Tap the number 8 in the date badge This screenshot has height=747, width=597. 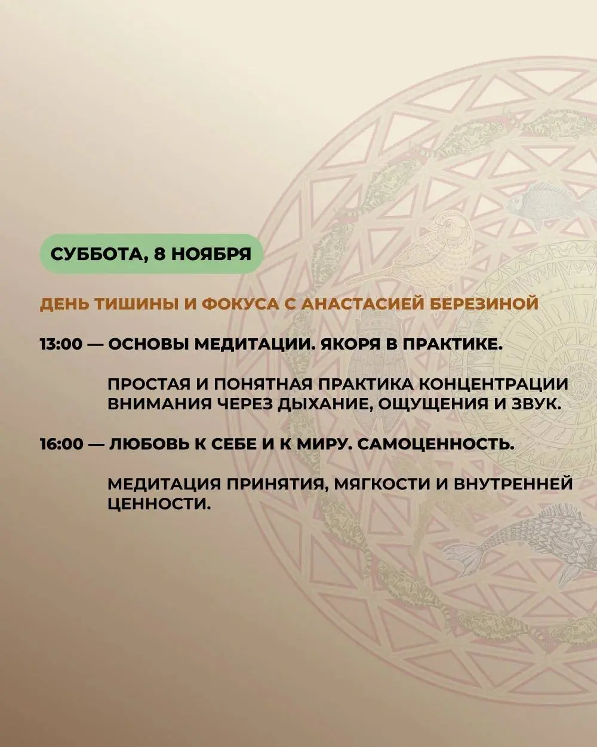point(161,253)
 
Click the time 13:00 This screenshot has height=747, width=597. point(61,345)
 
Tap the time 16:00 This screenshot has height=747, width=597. point(61,445)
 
